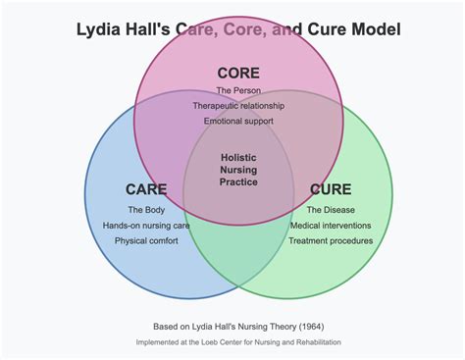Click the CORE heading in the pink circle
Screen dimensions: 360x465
238,74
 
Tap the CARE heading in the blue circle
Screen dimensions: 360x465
146,189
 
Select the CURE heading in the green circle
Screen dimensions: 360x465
331,189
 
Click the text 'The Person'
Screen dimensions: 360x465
238,91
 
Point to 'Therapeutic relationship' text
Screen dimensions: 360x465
238,106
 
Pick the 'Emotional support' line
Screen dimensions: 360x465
238,121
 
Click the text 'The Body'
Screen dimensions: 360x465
146,210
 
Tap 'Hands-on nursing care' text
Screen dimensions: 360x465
146,226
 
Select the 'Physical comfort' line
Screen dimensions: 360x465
146,240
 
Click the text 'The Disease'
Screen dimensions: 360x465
331,210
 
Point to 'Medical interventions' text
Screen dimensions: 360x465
331,226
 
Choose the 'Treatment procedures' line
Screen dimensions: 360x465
331,240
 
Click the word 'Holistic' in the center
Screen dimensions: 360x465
238,157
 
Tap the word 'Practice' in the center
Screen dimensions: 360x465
238,182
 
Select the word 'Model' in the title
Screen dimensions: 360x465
375,29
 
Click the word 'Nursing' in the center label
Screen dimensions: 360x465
238,170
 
